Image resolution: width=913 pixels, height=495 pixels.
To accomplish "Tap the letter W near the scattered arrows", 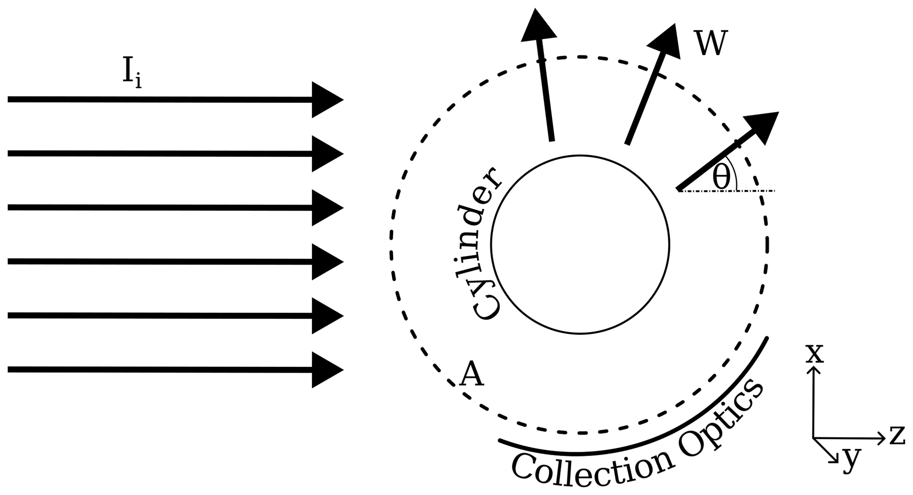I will tap(710, 44).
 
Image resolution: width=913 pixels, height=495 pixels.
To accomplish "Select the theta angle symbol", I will tap(721, 178).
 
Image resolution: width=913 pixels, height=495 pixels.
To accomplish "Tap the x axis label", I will tap(815, 354).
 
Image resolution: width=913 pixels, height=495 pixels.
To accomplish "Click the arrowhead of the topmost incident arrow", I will tap(326, 100).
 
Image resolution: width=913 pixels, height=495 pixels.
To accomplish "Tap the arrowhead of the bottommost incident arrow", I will tap(326, 370).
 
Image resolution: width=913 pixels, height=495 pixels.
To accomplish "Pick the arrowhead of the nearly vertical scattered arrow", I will tap(538, 27).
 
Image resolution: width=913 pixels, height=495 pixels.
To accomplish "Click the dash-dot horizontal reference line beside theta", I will tap(755, 191).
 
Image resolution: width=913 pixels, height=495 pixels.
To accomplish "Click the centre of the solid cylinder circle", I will tap(580, 244).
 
